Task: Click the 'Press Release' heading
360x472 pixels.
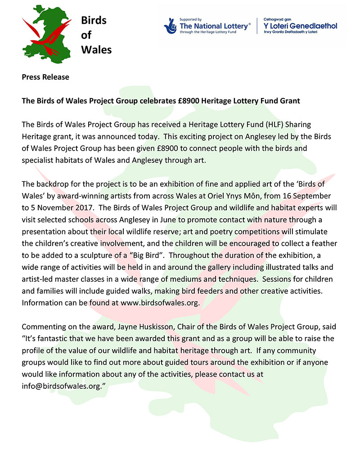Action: coord(45,77)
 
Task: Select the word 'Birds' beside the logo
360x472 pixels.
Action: coord(94,21)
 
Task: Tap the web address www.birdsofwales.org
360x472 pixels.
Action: coord(159,302)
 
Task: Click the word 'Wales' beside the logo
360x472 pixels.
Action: coord(96,49)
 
